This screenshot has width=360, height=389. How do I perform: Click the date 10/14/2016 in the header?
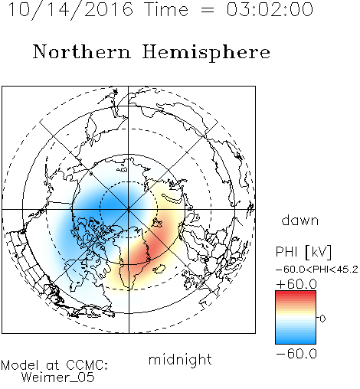coord(70,10)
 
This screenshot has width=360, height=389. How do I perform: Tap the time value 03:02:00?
coord(270,10)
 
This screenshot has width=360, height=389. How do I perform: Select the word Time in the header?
coord(166,10)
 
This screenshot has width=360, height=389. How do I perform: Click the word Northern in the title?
coord(82,52)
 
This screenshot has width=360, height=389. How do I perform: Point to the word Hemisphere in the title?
coord(206,53)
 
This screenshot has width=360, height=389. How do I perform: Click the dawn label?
coord(300,220)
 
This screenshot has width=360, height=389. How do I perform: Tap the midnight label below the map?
coord(180,359)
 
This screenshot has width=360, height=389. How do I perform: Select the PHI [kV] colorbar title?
coord(303,252)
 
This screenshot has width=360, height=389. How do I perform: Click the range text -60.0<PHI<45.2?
coord(317,270)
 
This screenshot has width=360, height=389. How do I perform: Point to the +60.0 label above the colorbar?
coord(296,284)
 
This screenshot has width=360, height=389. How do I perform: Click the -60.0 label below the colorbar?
coord(296,354)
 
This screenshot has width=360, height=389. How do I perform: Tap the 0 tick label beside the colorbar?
coord(322,319)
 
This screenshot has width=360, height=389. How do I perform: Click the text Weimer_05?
coord(58,377)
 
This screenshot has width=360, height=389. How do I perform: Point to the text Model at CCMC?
coord(54,365)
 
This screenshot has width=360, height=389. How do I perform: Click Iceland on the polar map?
coord(159,269)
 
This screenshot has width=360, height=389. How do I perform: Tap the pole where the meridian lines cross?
coord(129,209)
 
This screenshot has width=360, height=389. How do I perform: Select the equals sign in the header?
coord(208,10)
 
